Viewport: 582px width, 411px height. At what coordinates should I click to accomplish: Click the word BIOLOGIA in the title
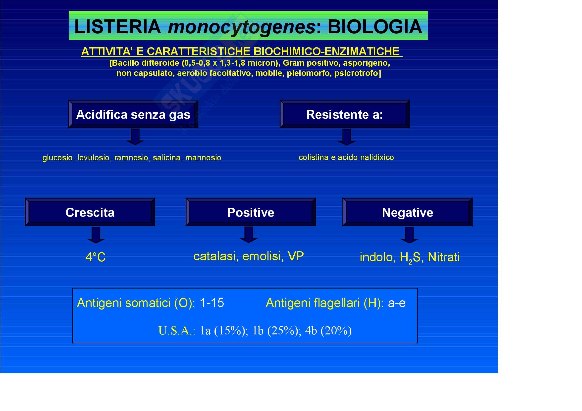[x=375, y=27]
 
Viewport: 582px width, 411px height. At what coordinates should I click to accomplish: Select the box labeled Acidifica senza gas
[x=133, y=114]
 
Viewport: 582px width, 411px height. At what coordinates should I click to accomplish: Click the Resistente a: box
[x=344, y=114]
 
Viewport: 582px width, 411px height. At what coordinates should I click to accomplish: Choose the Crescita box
[x=90, y=212]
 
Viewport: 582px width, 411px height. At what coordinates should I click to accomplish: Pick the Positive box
[x=251, y=212]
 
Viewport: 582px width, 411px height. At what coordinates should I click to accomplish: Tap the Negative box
[x=407, y=212]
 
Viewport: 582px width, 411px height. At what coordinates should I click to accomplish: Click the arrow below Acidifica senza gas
[x=135, y=137]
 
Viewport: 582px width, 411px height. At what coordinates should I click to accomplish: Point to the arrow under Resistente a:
[x=347, y=137]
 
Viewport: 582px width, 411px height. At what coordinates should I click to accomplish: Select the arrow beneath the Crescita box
[x=96, y=235]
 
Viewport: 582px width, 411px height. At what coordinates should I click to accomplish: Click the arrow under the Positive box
[x=249, y=234]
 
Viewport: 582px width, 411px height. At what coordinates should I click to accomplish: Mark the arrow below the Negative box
[x=409, y=235]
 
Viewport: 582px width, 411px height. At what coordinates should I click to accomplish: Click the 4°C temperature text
[x=95, y=257]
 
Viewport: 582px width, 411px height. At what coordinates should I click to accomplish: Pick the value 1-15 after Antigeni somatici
[x=212, y=303]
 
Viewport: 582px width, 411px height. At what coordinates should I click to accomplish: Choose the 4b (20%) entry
[x=328, y=331]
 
